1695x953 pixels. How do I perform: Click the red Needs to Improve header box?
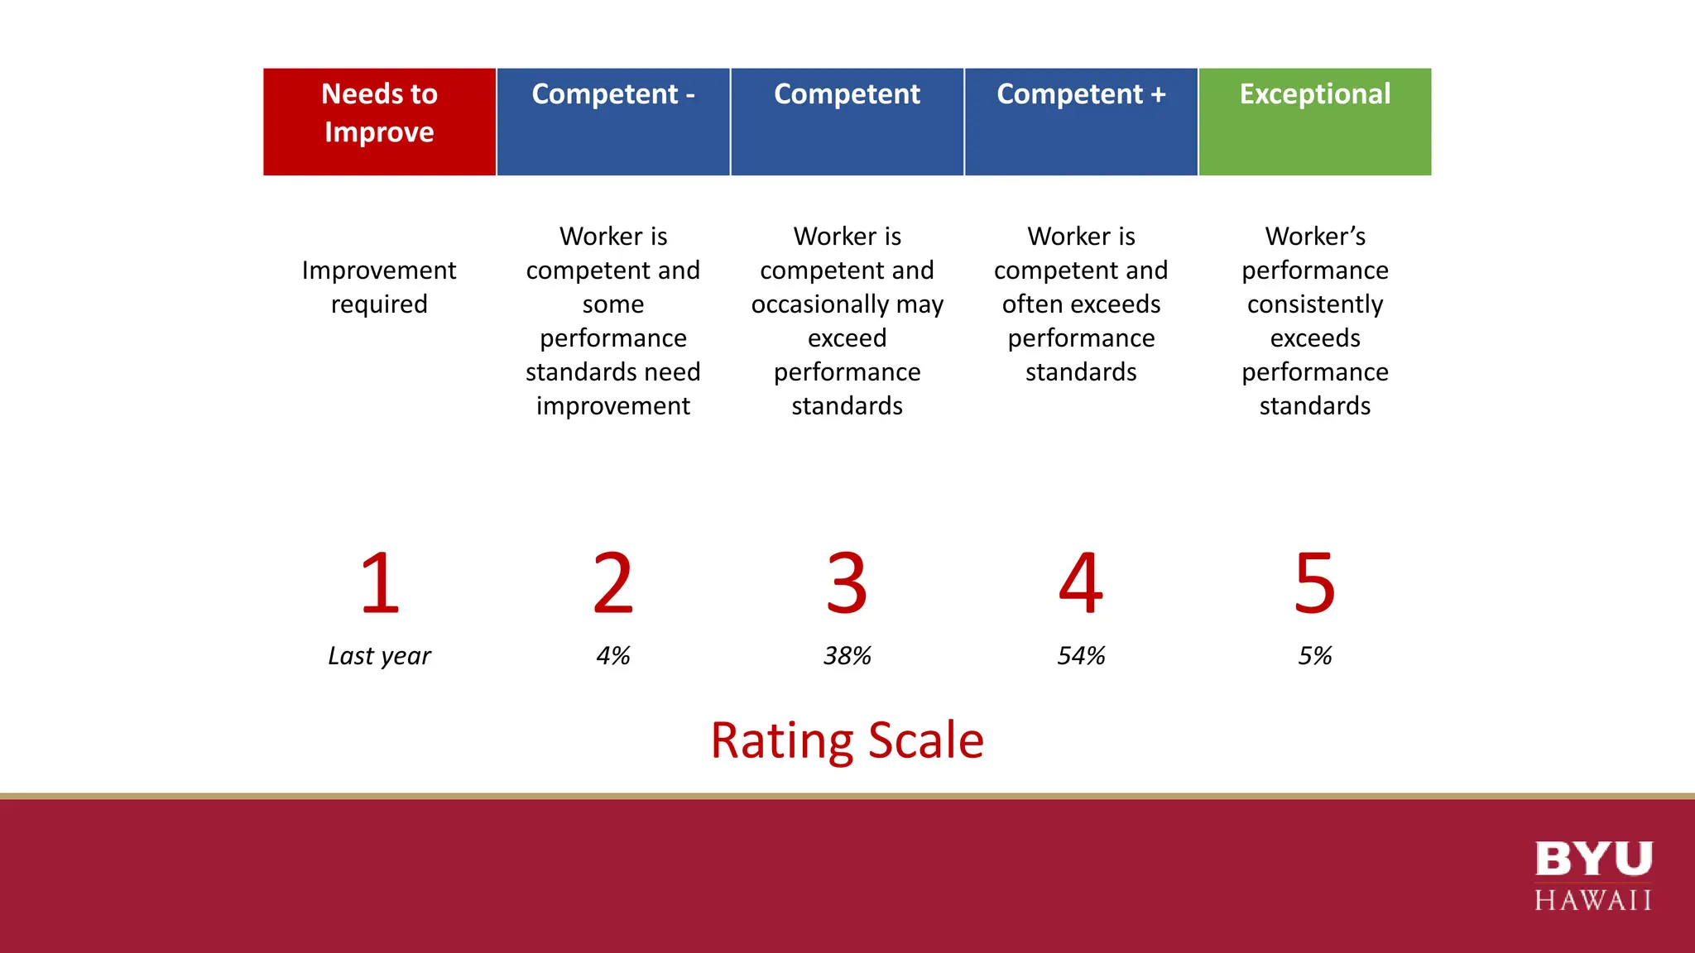pos(379,122)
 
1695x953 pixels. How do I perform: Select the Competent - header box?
pos(612,122)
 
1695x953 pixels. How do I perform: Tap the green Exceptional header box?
pos(1314,122)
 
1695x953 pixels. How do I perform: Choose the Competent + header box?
pos(1081,122)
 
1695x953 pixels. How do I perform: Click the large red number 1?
pos(380,583)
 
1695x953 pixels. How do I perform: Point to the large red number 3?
pos(847,583)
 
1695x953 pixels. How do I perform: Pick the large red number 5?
pos(1314,583)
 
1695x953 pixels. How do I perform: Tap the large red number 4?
pos(1081,583)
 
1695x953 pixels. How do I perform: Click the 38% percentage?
pos(847,656)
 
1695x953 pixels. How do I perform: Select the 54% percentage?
pos(1081,656)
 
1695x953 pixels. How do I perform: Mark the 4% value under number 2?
pos(612,656)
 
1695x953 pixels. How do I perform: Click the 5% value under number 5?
pos(1314,656)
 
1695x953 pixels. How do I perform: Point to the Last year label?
pos(379,656)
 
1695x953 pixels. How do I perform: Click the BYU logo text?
pos(1593,859)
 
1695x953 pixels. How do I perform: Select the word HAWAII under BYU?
pos(1593,900)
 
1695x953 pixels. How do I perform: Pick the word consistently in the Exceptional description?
pos(1314,304)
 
